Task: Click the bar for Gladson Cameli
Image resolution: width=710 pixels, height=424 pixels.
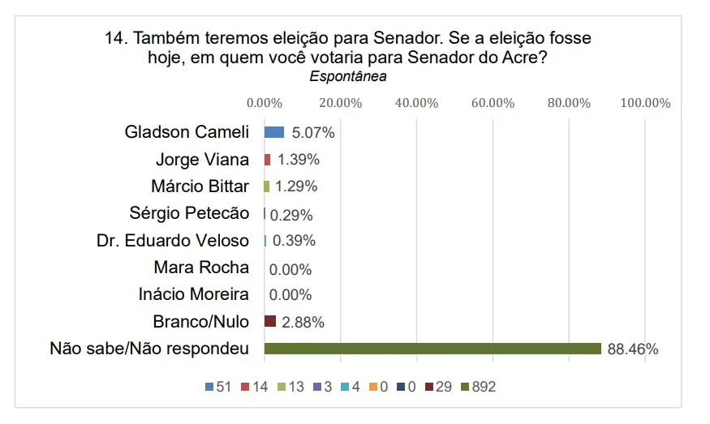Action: click(x=274, y=132)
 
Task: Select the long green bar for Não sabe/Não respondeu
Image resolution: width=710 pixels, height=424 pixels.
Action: click(x=432, y=349)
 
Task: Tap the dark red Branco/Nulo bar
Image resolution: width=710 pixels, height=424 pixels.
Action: click(x=270, y=322)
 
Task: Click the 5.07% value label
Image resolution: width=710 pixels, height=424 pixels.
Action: click(x=313, y=133)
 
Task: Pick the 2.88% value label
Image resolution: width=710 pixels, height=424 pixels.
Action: click(x=303, y=323)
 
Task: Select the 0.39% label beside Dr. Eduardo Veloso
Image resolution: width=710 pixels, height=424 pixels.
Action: click(x=294, y=241)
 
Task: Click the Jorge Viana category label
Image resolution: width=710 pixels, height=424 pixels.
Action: click(x=202, y=160)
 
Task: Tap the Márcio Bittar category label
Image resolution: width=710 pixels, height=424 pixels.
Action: click(x=200, y=186)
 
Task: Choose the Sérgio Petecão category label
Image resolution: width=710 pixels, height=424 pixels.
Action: click(x=189, y=213)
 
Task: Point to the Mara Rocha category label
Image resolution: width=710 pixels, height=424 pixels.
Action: click(x=201, y=268)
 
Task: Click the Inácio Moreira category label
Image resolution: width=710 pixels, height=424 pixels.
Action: click(x=193, y=294)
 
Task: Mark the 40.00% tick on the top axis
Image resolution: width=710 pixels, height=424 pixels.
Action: click(x=416, y=103)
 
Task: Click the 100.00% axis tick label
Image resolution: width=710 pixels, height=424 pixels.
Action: click(x=645, y=103)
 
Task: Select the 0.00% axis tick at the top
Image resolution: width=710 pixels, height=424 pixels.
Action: click(x=264, y=103)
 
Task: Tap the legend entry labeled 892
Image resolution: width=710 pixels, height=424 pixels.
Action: click(x=478, y=388)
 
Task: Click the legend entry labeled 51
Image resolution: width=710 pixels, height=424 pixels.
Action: click(x=218, y=388)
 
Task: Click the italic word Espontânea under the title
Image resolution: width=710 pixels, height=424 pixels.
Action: click(x=348, y=77)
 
